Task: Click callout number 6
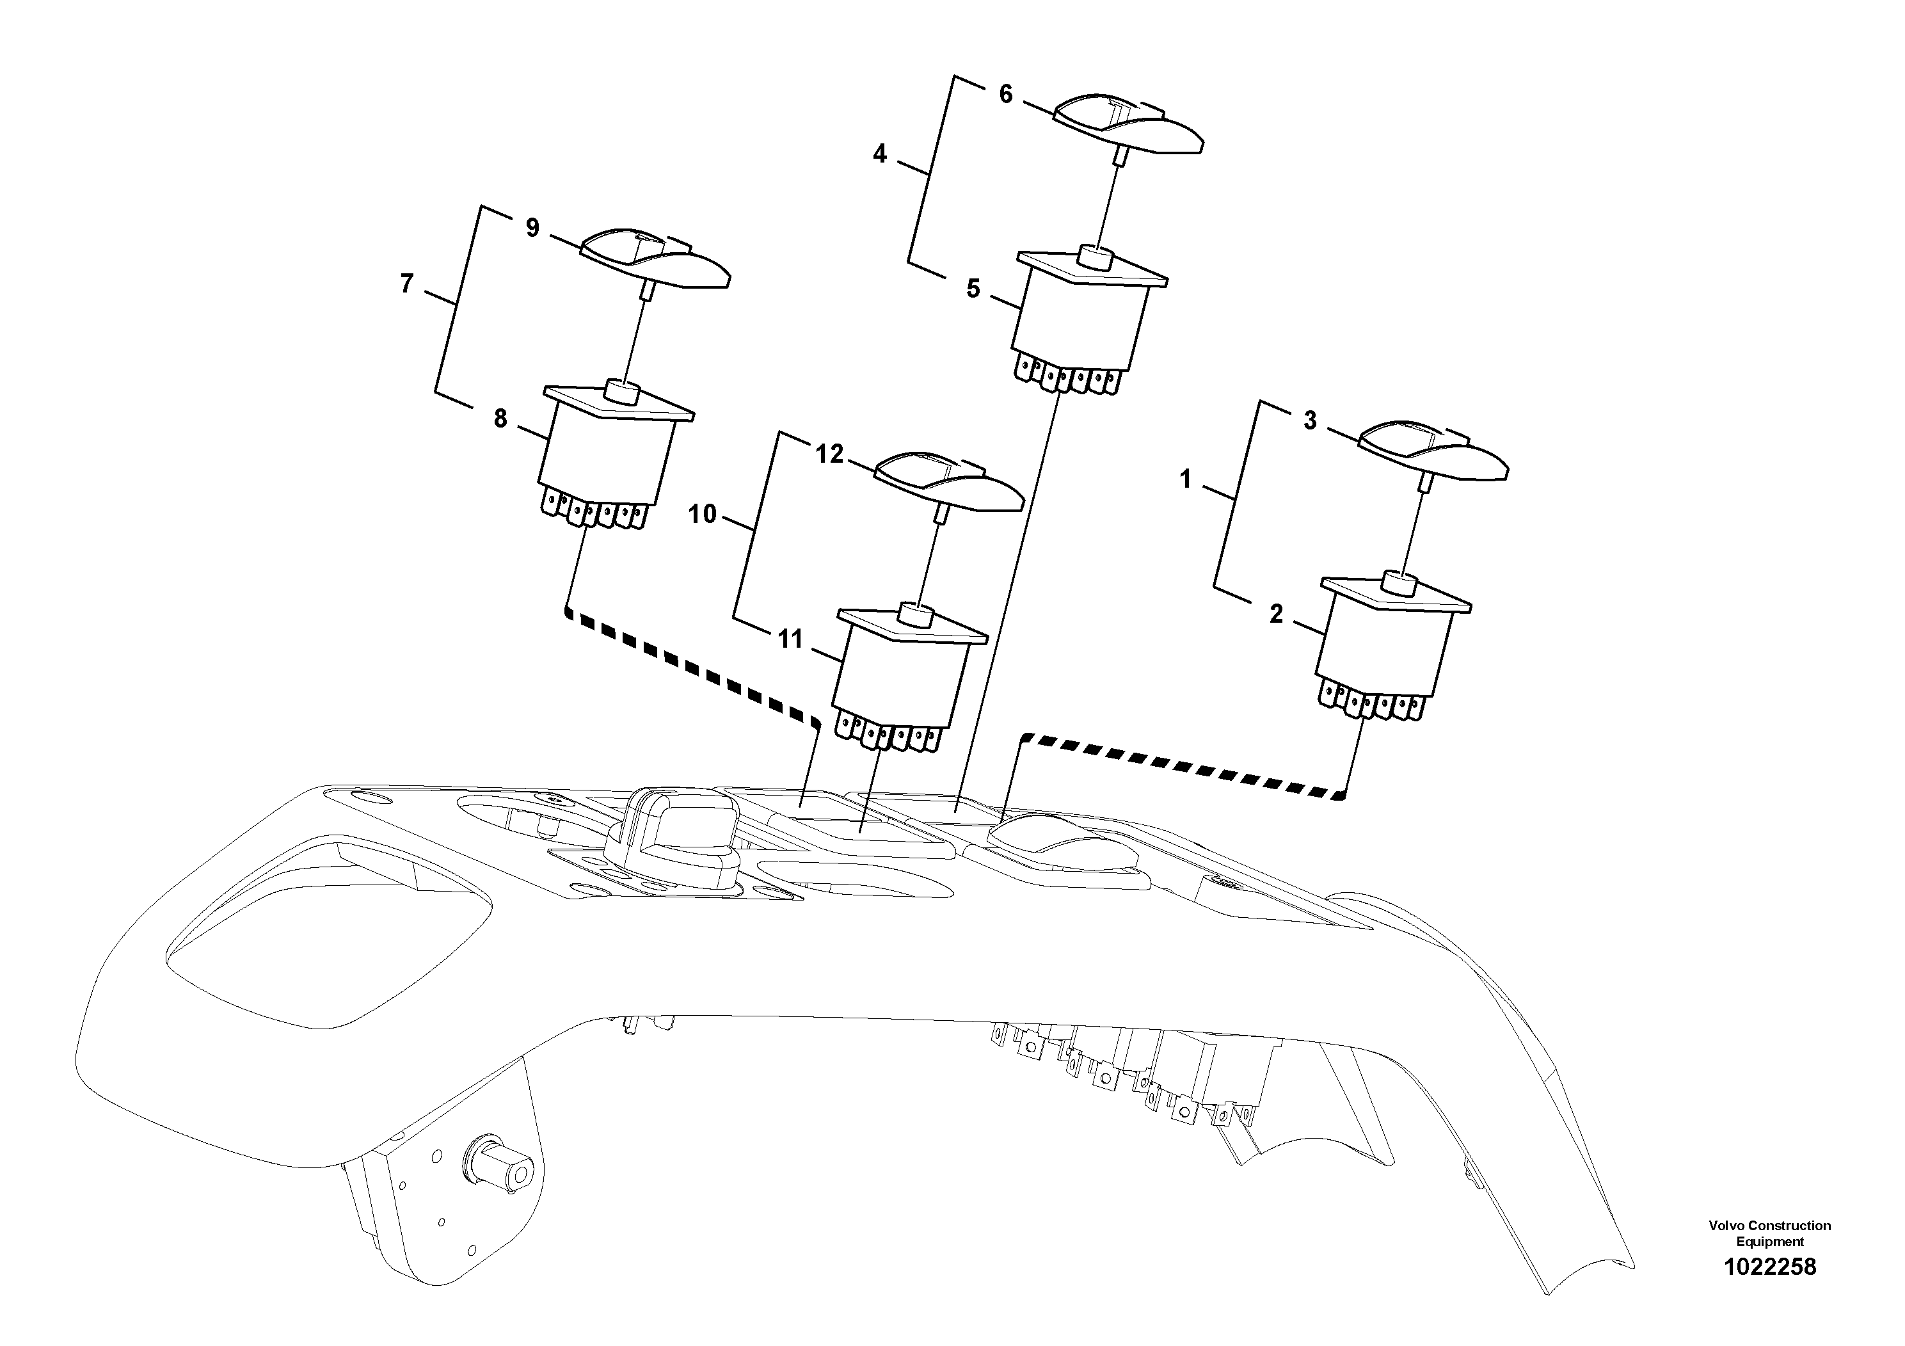1005,95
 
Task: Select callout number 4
879,154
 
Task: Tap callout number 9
532,227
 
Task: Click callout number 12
829,454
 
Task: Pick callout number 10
702,515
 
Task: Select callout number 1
1185,479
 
